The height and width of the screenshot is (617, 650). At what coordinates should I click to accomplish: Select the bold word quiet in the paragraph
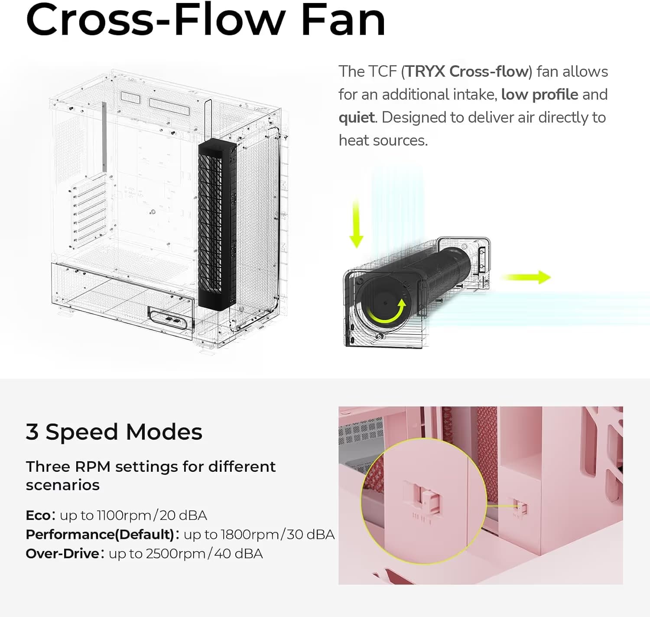point(357,118)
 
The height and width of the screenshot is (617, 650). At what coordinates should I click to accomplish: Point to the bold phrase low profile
point(539,95)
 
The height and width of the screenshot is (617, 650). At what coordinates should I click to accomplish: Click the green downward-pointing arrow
point(356,223)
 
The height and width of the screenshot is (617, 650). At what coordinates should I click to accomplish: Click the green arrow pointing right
point(526,277)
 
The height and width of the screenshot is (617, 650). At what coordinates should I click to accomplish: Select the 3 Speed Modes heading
point(114,432)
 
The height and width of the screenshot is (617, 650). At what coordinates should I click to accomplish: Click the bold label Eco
point(38,516)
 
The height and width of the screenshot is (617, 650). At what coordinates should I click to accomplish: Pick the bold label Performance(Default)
point(100,535)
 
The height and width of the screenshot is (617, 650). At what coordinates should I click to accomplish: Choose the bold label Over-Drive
point(62,554)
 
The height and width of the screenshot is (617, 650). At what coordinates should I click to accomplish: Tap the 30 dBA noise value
point(310,535)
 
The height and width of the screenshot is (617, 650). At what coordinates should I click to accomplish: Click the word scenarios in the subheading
point(63,485)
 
